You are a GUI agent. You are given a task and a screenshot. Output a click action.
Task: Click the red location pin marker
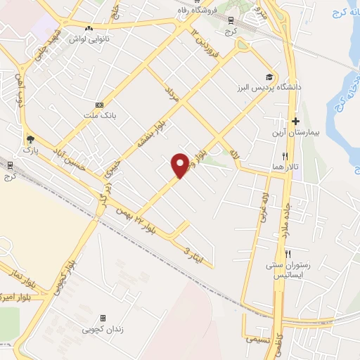coord(181,165)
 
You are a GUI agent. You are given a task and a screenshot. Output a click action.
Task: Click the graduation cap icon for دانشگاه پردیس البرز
coord(270,77)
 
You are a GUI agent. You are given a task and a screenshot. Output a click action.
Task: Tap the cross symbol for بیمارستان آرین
coord(296,121)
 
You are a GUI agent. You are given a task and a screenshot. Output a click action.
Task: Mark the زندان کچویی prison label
coord(103,328)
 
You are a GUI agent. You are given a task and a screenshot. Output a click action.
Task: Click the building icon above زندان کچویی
coord(103,318)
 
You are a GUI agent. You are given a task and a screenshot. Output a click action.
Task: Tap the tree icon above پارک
coord(29,139)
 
